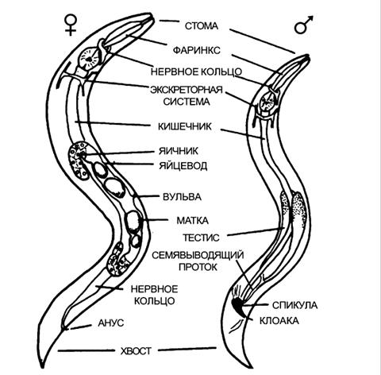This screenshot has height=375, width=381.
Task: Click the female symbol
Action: pos(71,25)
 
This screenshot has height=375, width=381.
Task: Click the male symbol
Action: pos(303,25)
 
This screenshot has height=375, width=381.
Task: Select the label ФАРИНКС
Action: pos(196,50)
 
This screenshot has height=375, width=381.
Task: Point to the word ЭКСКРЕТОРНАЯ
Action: pos(187,90)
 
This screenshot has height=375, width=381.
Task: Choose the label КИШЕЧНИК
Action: pos(185,126)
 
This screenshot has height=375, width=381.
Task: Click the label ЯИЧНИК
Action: pos(178,151)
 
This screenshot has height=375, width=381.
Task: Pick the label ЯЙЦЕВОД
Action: pos(183,166)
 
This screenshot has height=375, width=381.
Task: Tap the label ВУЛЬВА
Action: pos(182,197)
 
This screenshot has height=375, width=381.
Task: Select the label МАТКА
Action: pos(192,220)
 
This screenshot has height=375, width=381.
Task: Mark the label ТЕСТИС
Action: pos(201,238)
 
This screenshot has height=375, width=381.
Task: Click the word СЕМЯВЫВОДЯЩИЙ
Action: pos(198,255)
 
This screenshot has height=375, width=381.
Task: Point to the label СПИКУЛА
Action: pos(294,305)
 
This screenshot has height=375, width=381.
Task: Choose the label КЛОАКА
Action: pos(279,321)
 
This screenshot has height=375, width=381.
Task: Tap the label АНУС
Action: pos(110,323)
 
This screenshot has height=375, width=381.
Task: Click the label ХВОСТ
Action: pos(136,351)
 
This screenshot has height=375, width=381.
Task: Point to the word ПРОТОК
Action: pos(198,267)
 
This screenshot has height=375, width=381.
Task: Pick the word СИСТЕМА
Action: pos(187,102)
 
